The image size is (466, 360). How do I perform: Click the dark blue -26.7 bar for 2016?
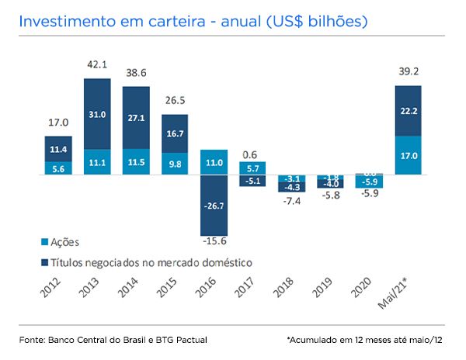[x=214, y=206]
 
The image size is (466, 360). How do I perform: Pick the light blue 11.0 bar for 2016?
[x=214, y=162]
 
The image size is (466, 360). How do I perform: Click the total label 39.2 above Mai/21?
[x=409, y=71]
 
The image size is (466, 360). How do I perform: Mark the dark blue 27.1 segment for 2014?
[x=137, y=117]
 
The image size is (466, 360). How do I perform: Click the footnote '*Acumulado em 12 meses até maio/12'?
[x=365, y=340]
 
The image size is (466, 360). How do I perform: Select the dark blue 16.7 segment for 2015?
[x=176, y=133]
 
